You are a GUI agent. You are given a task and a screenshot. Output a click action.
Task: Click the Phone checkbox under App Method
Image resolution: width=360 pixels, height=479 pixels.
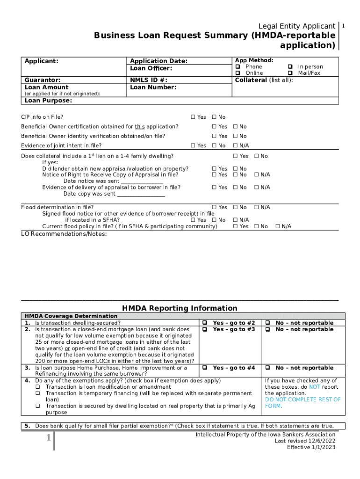(x=238, y=67)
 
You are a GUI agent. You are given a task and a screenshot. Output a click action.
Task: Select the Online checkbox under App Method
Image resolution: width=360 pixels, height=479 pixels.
(x=238, y=73)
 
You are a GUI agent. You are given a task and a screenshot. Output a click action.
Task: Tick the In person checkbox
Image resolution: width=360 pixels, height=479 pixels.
(x=290, y=67)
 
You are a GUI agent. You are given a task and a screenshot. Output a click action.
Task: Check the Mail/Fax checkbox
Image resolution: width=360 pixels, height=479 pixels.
(x=290, y=73)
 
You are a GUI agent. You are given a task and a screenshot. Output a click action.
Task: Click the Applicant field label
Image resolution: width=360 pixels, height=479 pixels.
(x=42, y=61)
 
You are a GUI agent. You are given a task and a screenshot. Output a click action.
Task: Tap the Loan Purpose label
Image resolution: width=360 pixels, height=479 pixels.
(x=48, y=100)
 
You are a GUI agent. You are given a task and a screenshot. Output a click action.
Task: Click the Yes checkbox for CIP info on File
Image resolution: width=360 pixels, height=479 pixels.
(x=193, y=117)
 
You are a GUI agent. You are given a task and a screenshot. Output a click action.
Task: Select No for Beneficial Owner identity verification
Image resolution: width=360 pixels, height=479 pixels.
(x=236, y=136)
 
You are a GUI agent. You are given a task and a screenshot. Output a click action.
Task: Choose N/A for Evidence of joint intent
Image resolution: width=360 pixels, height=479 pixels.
(x=236, y=146)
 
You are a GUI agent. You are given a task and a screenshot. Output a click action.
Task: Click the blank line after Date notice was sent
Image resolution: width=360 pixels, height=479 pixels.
(x=142, y=181)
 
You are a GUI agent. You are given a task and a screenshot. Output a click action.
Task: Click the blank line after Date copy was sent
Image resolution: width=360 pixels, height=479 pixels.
(x=141, y=194)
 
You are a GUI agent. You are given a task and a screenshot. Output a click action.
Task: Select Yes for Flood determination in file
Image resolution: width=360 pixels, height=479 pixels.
(x=215, y=207)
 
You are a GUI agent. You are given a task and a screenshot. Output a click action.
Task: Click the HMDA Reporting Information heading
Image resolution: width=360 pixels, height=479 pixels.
(x=180, y=308)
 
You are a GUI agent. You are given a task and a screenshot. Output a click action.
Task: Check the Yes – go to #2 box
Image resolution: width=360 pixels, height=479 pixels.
(x=204, y=323)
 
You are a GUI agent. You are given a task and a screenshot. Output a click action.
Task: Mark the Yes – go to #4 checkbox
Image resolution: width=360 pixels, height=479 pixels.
(x=204, y=368)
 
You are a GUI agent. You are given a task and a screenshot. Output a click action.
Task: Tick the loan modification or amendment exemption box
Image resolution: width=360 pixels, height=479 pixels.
(x=38, y=387)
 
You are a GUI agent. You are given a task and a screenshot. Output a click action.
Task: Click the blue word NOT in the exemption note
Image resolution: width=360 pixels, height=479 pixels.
(x=315, y=387)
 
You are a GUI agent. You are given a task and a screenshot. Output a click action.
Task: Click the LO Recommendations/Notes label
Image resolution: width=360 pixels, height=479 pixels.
(x=64, y=234)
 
